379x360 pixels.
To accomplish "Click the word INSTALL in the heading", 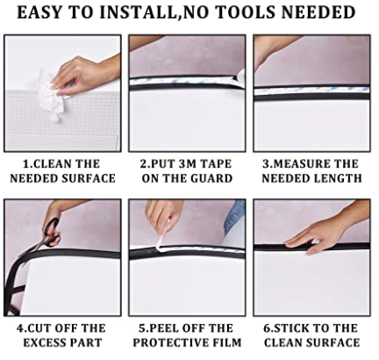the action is (x=139, y=12).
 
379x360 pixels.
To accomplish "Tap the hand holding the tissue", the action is (x=85, y=75).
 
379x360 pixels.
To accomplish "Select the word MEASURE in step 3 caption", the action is (x=297, y=163).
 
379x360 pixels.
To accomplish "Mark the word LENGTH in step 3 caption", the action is (x=338, y=178).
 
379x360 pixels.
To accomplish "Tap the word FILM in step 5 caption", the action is (x=227, y=342).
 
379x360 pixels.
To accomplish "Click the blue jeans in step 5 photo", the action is (x=235, y=217).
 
